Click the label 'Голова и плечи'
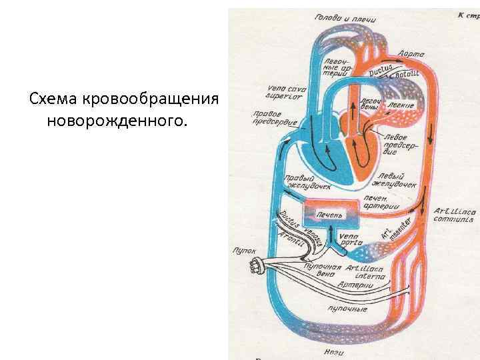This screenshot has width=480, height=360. [345, 18]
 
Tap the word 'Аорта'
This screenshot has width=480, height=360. [409, 51]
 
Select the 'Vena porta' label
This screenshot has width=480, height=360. [349, 239]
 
